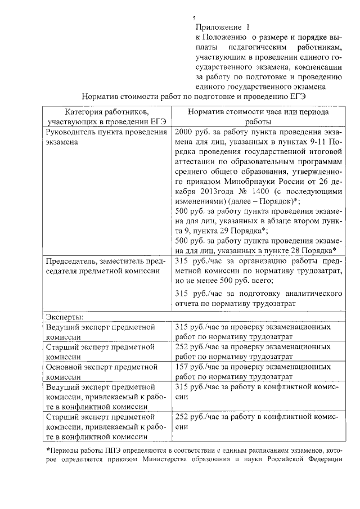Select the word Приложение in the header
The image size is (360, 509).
[217, 27]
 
